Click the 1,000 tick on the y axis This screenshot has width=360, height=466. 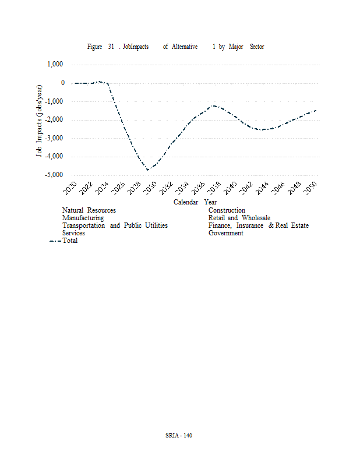56,65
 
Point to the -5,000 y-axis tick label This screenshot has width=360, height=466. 55,175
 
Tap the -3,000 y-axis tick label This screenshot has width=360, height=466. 55,139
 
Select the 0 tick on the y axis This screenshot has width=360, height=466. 62,83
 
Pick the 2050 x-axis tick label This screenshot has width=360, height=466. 311,188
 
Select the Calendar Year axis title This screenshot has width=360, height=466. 195,202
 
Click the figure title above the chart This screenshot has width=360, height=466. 175,47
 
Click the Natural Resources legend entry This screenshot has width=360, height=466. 89,210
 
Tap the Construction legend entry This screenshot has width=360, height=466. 227,210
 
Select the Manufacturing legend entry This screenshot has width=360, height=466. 83,218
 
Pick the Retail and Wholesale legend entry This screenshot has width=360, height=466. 239,218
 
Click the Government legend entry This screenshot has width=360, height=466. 226,233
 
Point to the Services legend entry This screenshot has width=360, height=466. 73,233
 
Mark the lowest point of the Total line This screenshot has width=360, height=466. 149,170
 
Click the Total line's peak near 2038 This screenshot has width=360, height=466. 214,106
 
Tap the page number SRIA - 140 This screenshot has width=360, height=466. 179,436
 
